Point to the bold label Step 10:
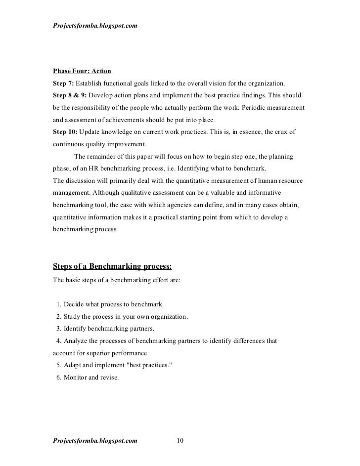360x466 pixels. [65, 132]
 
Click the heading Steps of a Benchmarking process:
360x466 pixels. [112, 267]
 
